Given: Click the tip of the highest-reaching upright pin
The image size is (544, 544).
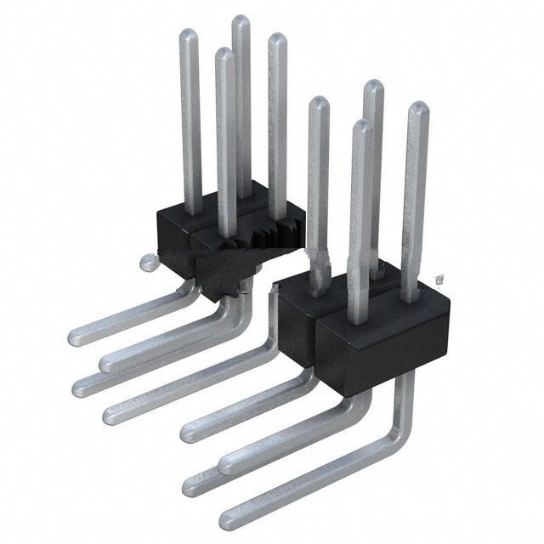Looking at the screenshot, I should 241,20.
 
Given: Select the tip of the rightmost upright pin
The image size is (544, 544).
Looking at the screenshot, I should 417,108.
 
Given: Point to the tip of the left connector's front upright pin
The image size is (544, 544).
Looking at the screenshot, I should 224,54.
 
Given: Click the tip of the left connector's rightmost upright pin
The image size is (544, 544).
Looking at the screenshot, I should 277,39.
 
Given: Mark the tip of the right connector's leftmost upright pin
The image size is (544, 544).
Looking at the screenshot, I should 319,104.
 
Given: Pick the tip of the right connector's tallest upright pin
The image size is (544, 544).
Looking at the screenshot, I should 373,86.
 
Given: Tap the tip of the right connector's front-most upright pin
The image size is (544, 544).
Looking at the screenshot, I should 362,127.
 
